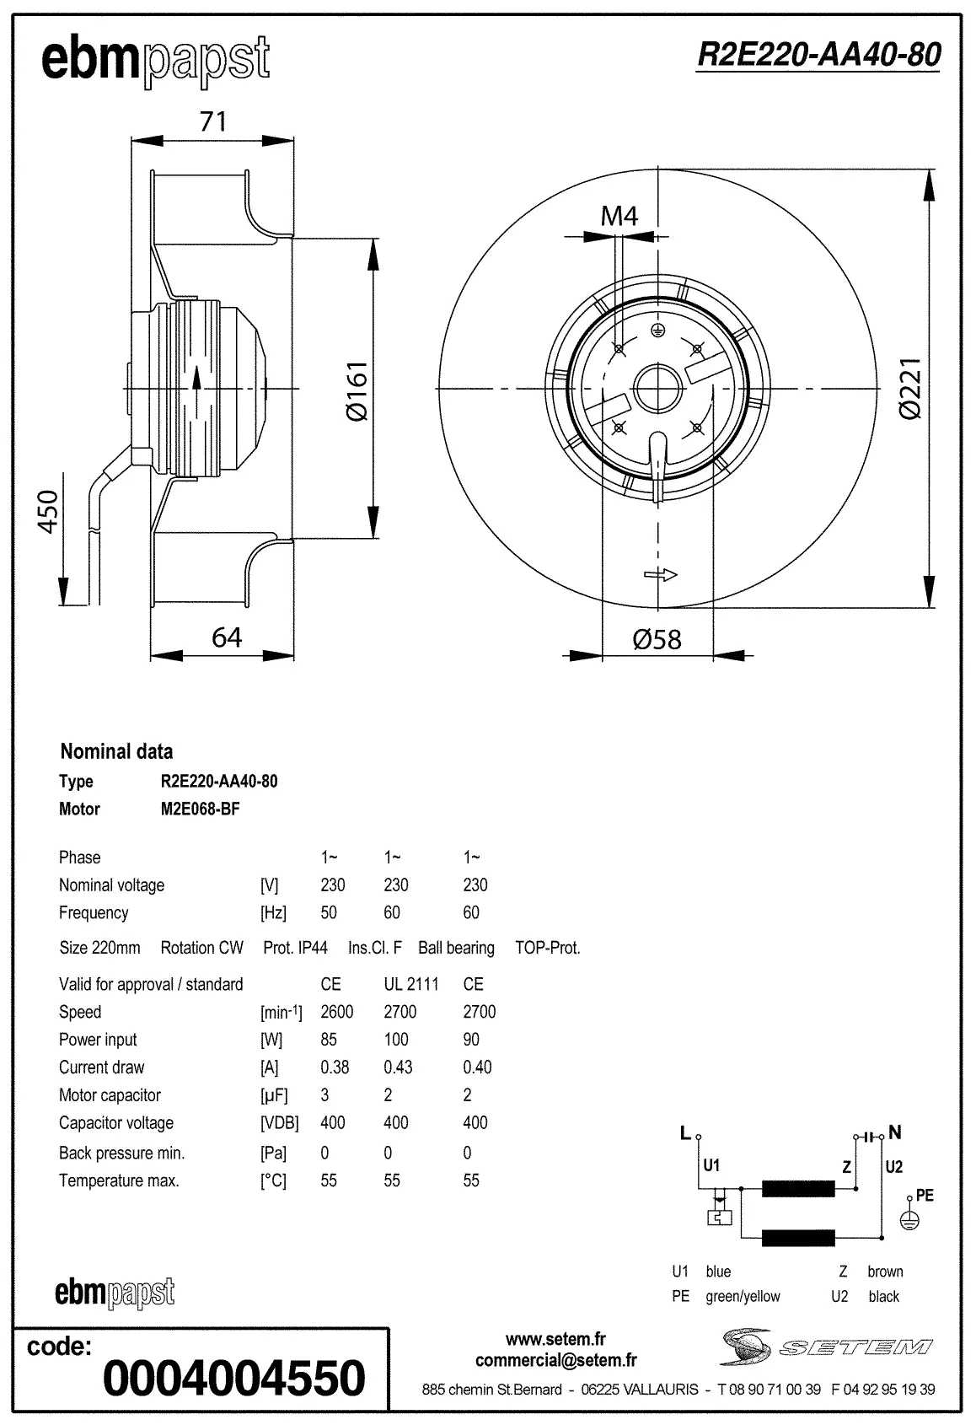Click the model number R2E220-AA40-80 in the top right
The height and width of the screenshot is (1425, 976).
pyautogui.click(x=818, y=56)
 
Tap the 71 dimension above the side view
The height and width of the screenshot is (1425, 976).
pyautogui.click(x=213, y=121)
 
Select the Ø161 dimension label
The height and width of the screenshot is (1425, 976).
pyautogui.click(x=357, y=390)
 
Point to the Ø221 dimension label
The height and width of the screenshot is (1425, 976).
pyautogui.click(x=910, y=388)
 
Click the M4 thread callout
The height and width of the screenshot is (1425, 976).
pyautogui.click(x=619, y=216)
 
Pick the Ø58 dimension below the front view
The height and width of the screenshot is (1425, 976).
pyautogui.click(x=657, y=639)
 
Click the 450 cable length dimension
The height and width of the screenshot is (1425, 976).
pyautogui.click(x=49, y=511)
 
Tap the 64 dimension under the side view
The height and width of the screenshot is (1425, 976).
pyautogui.click(x=227, y=637)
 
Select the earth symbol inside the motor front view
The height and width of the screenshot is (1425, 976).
pyautogui.click(x=659, y=330)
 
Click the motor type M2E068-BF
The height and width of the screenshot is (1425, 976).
pyautogui.click(x=200, y=809)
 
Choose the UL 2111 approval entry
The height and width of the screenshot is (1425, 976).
pyautogui.click(x=410, y=984)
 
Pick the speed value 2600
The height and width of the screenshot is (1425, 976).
pyautogui.click(x=336, y=1012)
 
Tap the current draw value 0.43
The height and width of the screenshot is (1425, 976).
pyautogui.click(x=398, y=1067)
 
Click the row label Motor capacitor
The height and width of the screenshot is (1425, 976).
pyautogui.click(x=110, y=1095)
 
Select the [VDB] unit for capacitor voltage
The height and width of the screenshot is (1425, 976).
pyautogui.click(x=279, y=1123)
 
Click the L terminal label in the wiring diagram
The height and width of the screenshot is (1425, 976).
pyautogui.click(x=685, y=1133)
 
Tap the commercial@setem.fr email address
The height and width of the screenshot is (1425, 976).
pyautogui.click(x=555, y=1360)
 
